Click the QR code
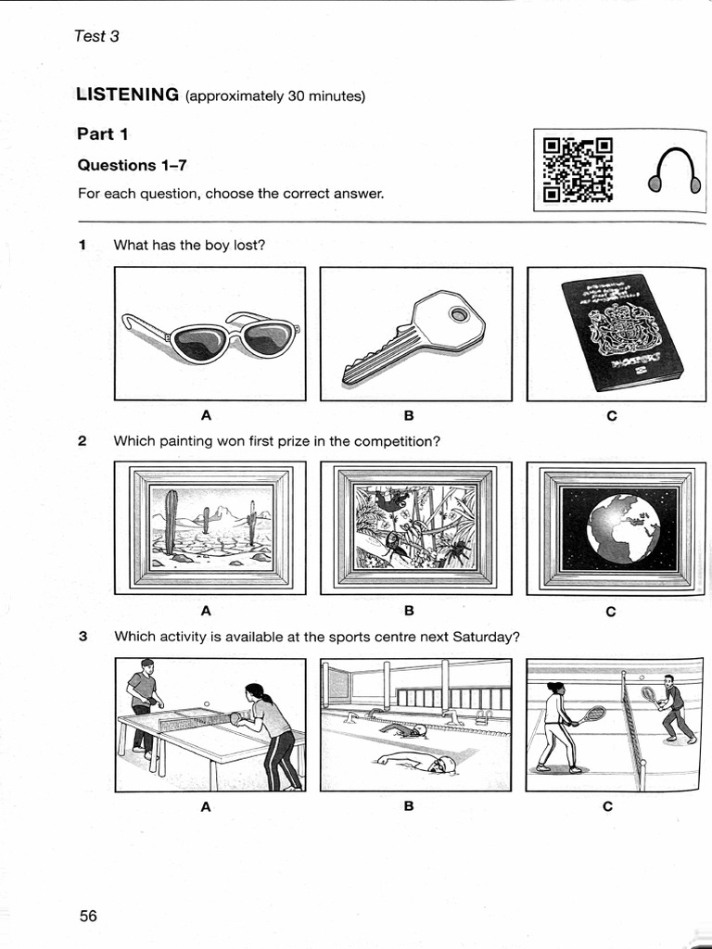point(578,170)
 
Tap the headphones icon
point(674,172)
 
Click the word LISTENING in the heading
point(127,94)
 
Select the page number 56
point(88,916)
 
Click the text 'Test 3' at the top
point(96,37)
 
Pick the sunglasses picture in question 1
point(210,335)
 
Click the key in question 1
point(414,335)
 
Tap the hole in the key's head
point(459,316)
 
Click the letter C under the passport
point(611,416)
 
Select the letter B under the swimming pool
point(409,806)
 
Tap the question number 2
point(83,441)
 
